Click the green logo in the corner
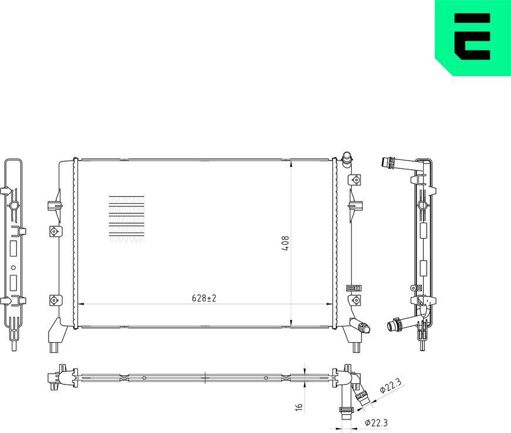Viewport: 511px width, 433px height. pos(472,37)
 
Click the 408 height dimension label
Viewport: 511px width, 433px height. pos(285,243)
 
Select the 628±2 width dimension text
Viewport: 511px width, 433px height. pos(204,298)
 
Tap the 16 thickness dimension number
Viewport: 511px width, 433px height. pos(298,406)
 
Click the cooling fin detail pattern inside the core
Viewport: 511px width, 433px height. pos(126,219)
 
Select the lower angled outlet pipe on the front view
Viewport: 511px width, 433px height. pos(359,327)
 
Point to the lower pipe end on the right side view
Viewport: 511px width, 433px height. pos(392,324)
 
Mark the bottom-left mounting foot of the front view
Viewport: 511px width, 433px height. pos(54,346)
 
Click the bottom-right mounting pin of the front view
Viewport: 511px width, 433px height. pos(356,347)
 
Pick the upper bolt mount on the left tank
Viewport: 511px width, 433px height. pos(53,231)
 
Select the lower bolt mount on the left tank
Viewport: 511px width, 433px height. pos(53,299)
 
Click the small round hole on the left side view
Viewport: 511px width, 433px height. pos(13,270)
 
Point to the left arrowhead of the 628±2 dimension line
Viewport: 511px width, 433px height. pos(81,304)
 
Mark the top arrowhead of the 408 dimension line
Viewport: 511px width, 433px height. pos(291,163)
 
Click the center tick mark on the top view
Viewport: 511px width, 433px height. pos(204,377)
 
